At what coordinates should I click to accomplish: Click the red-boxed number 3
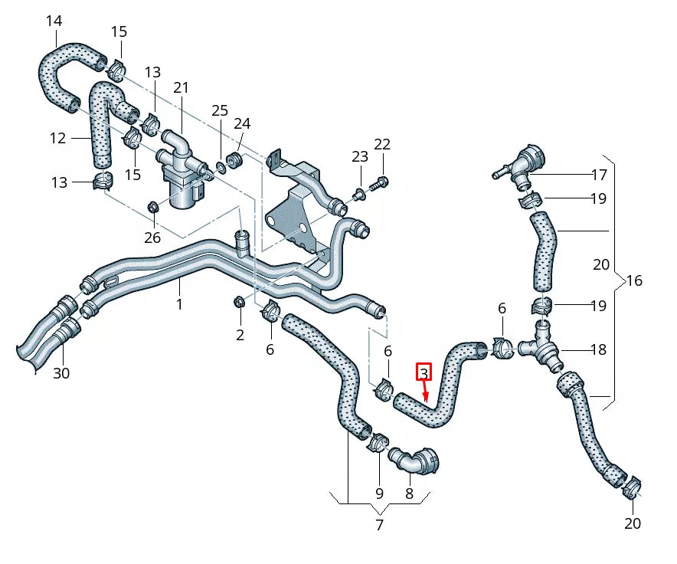click(424, 373)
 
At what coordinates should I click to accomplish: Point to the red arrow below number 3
click(425, 392)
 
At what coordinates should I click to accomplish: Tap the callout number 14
click(54, 21)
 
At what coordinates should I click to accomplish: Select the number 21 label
click(181, 88)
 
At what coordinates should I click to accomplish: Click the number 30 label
click(61, 373)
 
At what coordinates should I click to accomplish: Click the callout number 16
click(634, 280)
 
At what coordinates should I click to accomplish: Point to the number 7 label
click(379, 525)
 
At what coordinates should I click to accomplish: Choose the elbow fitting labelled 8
click(417, 462)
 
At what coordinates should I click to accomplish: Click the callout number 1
click(179, 304)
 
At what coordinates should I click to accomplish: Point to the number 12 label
click(58, 138)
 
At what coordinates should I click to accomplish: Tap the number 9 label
click(379, 494)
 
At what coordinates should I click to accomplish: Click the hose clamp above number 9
click(378, 442)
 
